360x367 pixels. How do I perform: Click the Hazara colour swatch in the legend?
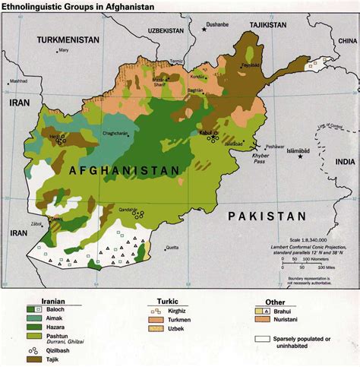(33, 324)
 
